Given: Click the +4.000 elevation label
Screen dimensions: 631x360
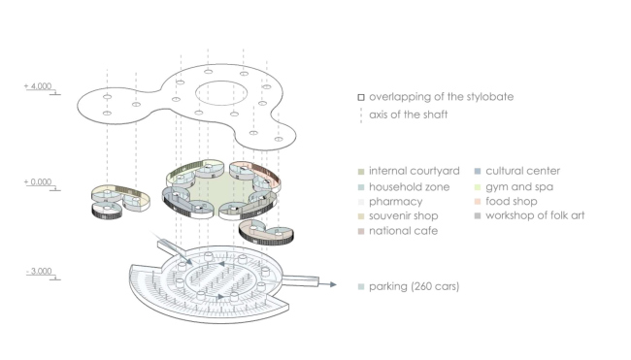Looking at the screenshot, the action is point(38,86).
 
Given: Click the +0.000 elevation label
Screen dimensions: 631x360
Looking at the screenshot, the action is point(38,181).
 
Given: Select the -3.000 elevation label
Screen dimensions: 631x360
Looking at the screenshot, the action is point(40,271).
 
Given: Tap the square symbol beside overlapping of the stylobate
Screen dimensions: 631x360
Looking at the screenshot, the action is point(361,97).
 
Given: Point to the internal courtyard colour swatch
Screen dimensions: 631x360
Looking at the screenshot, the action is point(361,172).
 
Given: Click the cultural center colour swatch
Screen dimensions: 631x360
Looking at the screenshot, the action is point(478,172).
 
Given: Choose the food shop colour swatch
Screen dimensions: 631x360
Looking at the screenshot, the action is point(478,202).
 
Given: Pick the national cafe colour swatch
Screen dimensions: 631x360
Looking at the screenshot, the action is point(361,231).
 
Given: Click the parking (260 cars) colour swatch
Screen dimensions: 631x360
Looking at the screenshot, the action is point(361,287).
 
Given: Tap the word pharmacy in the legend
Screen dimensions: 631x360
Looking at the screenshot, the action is point(395,202).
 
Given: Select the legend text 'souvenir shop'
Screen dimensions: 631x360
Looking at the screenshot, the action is point(403,216).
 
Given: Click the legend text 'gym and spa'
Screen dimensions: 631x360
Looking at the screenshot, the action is point(519,187).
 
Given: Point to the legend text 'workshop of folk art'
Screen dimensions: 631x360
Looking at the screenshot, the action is point(535,215).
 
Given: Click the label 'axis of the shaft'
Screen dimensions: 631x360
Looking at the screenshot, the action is point(408,115).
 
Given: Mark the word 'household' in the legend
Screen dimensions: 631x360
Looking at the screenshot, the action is point(395,187).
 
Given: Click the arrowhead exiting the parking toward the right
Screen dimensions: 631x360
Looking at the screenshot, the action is point(333,284).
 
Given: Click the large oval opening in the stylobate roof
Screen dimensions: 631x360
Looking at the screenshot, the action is point(221,82).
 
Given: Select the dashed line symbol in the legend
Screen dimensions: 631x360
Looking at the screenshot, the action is point(361,115).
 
